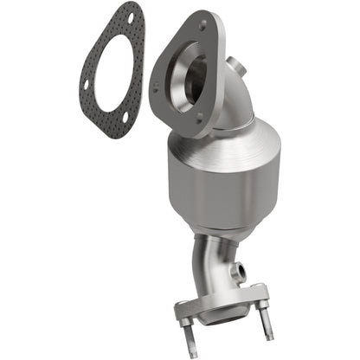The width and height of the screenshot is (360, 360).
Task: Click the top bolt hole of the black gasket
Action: pos(130,16)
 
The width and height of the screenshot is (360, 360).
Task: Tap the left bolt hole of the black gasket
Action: pos(85,85)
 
